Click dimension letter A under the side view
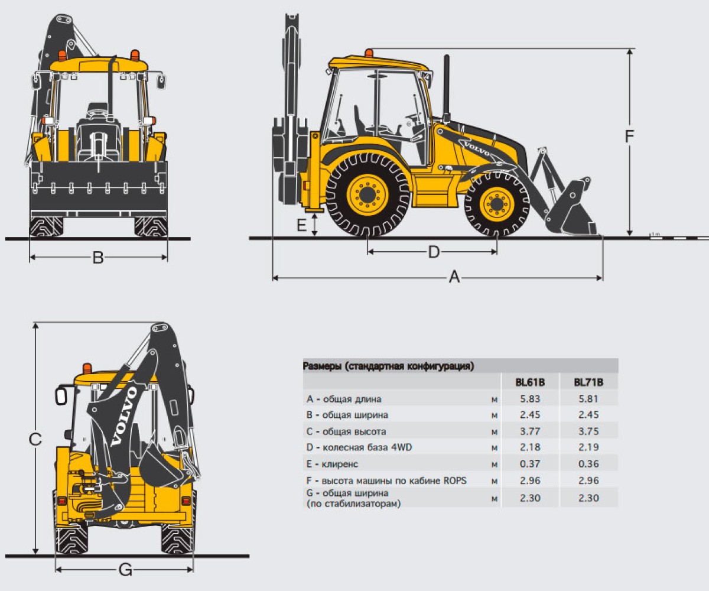[x=454, y=277]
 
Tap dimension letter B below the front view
[x=98, y=258]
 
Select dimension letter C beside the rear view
[x=35, y=439]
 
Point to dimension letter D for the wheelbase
[x=434, y=252]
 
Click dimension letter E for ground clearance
[x=301, y=225]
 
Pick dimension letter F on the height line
[x=629, y=136]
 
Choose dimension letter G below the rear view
[x=125, y=570]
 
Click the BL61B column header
[x=530, y=382]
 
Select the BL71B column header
[x=588, y=382]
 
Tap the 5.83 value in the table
[x=530, y=399]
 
